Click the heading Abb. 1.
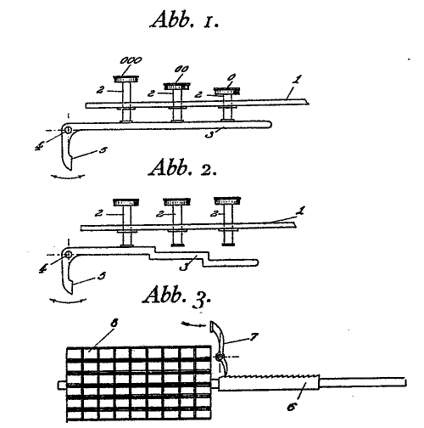click(184, 20)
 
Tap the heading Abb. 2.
click(182, 167)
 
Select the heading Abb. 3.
click(177, 296)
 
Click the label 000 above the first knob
click(131, 60)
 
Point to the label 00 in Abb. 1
click(181, 69)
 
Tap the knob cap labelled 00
click(177, 86)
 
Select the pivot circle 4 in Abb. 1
click(68, 130)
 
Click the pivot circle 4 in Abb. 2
click(68, 255)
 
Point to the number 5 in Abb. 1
click(103, 149)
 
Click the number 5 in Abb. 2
click(102, 275)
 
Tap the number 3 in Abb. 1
click(209, 134)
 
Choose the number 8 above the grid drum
click(114, 323)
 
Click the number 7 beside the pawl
click(254, 336)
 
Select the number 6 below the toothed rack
click(292, 407)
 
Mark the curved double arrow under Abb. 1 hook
click(68, 177)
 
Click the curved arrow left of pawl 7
click(193, 324)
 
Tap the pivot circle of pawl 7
click(219, 358)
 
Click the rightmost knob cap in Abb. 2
click(227, 201)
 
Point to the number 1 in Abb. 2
click(301, 211)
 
